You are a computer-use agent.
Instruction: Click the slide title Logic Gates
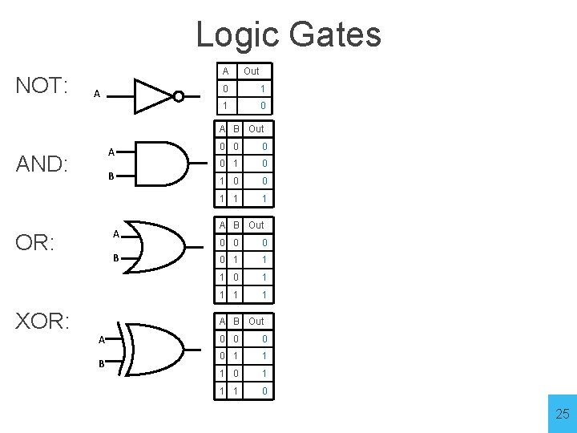[288, 34]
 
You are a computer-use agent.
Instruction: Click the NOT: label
[42, 86]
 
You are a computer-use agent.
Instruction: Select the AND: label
[45, 164]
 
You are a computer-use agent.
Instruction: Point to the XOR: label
[43, 322]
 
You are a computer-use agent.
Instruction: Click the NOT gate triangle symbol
[153, 95]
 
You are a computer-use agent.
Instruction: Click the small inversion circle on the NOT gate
[179, 96]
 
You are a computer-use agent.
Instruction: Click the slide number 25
[562, 414]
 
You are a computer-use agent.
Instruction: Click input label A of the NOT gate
[96, 94]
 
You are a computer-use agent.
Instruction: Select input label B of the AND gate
[112, 176]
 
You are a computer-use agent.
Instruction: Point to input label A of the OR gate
[116, 234]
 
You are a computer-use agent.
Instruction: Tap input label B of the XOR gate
[102, 363]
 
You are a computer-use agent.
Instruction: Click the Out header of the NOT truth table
[251, 71]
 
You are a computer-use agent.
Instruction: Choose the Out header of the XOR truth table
[256, 322]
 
